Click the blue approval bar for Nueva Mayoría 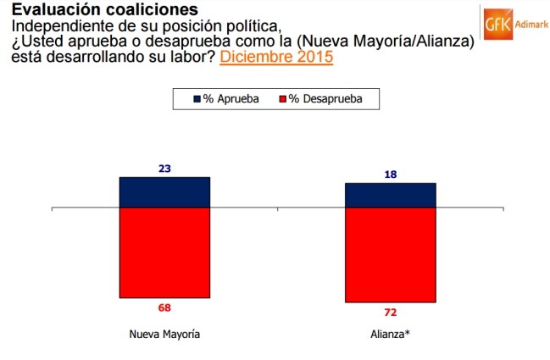click(164, 192)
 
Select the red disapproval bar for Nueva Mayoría click(164, 252)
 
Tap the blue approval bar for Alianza click(390, 195)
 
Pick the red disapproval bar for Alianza click(390, 255)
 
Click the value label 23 click(164, 169)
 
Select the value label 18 click(390, 174)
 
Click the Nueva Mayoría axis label click(164, 334)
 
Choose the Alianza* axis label click(390, 334)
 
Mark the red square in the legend click(282, 99)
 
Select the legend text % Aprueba click(231, 99)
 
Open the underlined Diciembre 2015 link click(276, 58)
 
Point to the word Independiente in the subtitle click(57, 27)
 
